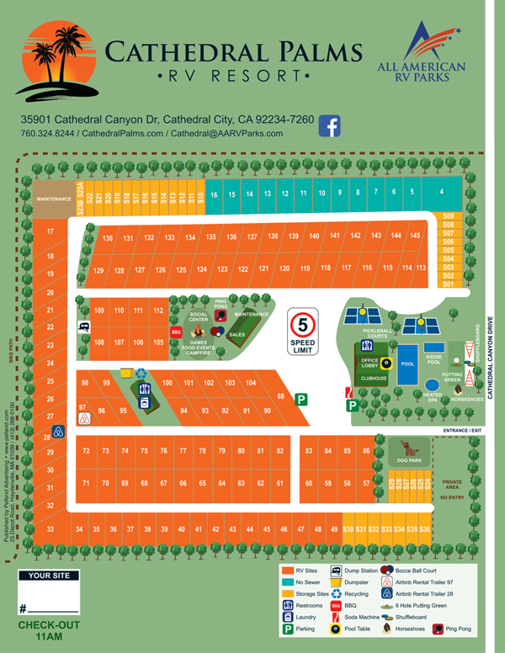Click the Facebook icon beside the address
(329, 125)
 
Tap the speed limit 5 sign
(302, 332)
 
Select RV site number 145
(414, 236)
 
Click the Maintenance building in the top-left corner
(54, 199)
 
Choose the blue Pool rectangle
(408, 364)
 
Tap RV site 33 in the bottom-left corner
(50, 528)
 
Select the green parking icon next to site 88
(300, 401)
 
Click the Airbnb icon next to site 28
(59, 433)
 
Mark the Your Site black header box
(52, 576)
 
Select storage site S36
(425, 528)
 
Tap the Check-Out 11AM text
(50, 632)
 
